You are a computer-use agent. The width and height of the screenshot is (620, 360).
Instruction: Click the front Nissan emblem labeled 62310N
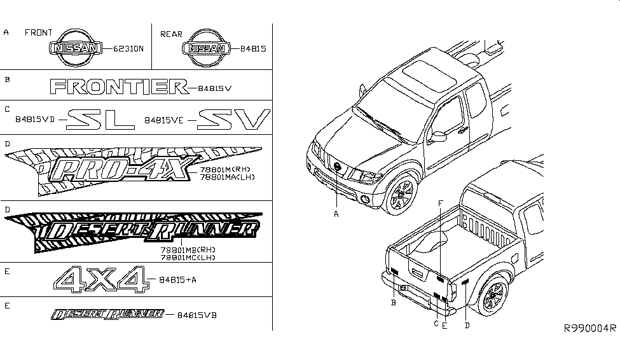[x=76, y=48]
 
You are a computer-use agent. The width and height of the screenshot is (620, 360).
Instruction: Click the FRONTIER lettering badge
[x=118, y=87]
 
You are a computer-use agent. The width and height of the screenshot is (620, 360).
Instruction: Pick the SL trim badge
[x=102, y=119]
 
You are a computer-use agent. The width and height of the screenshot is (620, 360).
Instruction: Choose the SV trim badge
[x=233, y=119]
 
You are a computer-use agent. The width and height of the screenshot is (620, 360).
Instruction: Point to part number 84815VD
[x=34, y=119]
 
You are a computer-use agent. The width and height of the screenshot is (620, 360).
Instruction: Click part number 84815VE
[x=165, y=119]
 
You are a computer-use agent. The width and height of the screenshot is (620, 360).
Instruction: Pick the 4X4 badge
[x=102, y=280]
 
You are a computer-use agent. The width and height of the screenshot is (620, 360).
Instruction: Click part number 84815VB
[x=197, y=315]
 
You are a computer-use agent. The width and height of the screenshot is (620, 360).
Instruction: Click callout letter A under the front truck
[x=336, y=214]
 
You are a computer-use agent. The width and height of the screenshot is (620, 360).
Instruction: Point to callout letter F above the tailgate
[x=440, y=202]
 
